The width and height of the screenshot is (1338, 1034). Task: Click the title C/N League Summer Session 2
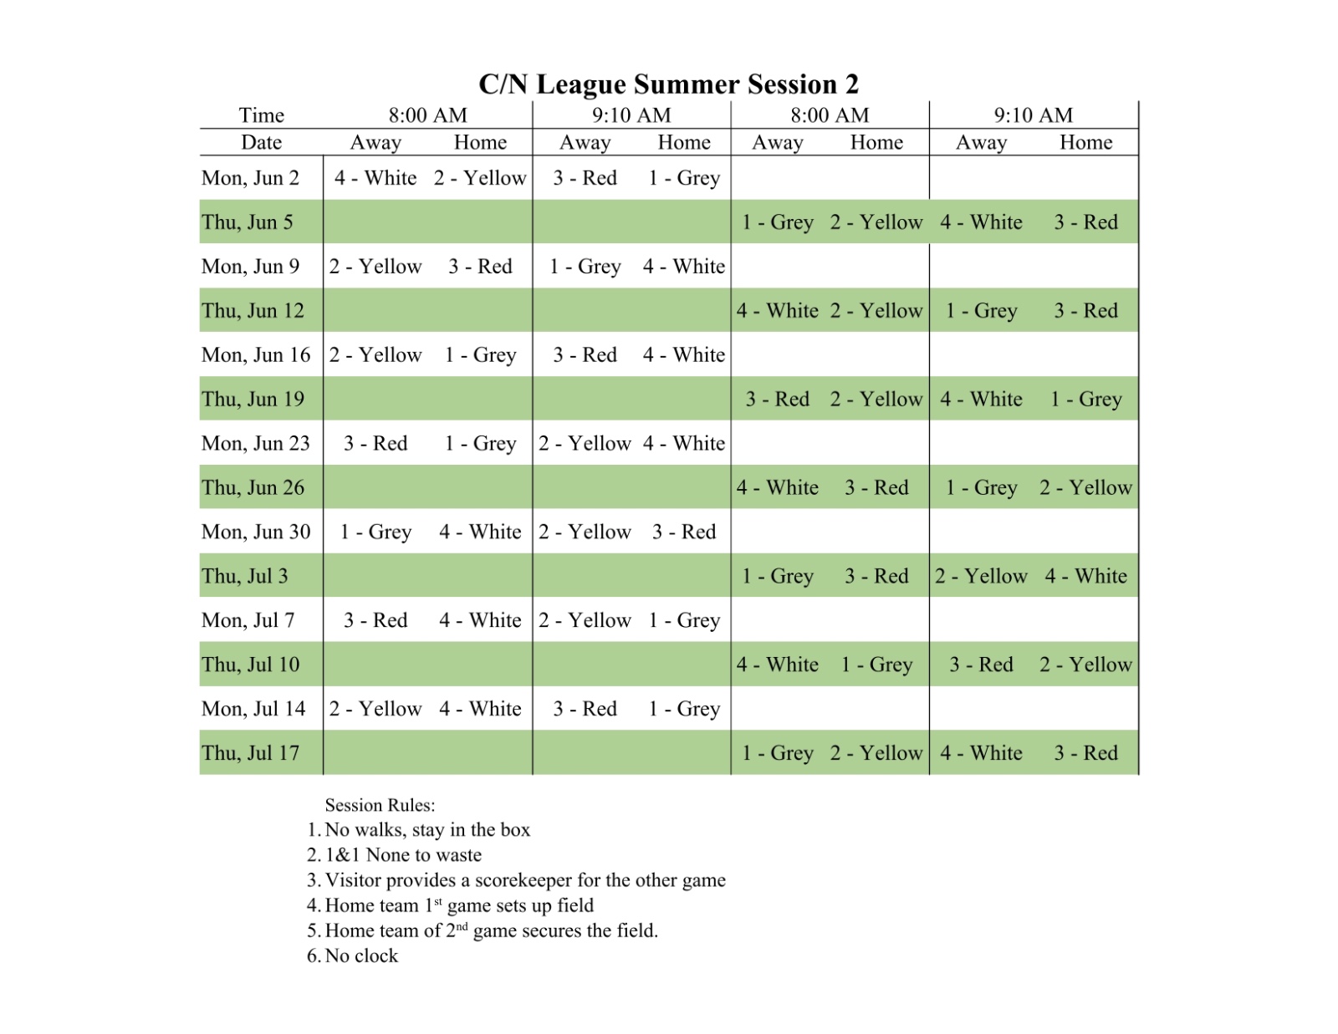coord(668,84)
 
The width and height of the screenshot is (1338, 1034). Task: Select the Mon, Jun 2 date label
coord(250,178)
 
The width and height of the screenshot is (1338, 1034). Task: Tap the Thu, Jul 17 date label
coord(250,753)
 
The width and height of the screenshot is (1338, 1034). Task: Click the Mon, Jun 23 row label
coord(255,444)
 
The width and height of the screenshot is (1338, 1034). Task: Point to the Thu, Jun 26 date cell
coord(253,488)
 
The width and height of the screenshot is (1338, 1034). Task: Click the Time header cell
coord(261,115)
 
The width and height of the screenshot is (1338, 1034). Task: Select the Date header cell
coord(261,143)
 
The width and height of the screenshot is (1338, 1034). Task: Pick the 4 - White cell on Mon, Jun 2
coord(375,178)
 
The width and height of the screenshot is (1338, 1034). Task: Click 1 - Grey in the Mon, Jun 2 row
coord(684,178)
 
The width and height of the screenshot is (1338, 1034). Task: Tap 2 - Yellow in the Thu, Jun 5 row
coord(876,222)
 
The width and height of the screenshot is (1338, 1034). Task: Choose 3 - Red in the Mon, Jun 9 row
coord(480,267)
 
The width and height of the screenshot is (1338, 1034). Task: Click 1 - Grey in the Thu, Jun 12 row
coord(981,311)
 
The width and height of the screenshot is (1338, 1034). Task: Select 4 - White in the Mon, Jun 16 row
coord(684,355)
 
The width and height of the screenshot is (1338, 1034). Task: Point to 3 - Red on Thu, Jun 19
coord(778,400)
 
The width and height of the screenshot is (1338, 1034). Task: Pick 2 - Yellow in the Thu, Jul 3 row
coord(981,577)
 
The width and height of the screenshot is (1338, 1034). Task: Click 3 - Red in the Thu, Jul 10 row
coord(981,665)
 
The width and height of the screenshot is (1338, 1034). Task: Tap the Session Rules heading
coord(380,806)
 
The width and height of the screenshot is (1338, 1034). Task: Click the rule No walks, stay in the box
coord(427,830)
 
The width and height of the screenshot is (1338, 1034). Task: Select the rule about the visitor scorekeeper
coord(525,880)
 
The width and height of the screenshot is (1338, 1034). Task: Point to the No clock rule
coord(361,956)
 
